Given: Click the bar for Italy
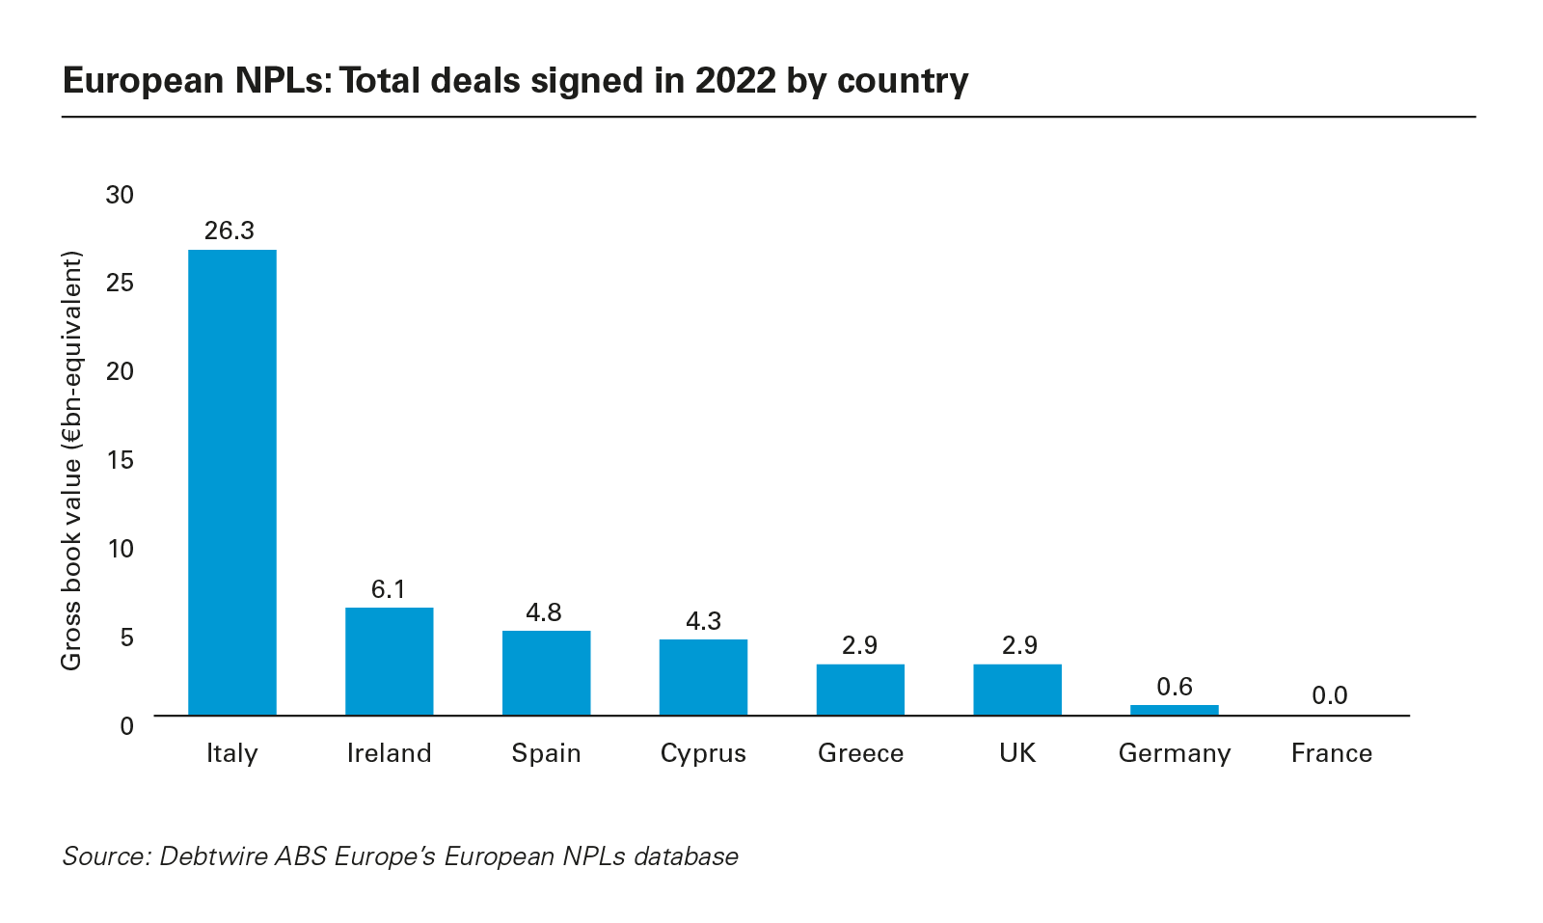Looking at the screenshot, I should click(x=231, y=482).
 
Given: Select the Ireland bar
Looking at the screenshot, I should click(x=389, y=662).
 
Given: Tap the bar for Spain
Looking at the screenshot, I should click(x=546, y=673).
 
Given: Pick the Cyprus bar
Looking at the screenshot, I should click(x=703, y=677).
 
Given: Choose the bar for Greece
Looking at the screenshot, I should click(x=860, y=690).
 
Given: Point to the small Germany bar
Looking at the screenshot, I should click(x=1174, y=710).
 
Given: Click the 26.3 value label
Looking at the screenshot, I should click(x=230, y=231).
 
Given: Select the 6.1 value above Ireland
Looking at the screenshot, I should click(x=389, y=589).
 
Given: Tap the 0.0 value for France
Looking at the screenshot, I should click(x=1330, y=695).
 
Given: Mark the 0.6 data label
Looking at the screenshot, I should click(x=1175, y=687).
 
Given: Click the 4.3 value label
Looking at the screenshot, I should click(x=703, y=621).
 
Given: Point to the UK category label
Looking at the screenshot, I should click(x=1017, y=753).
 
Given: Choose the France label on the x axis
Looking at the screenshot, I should click(x=1331, y=753).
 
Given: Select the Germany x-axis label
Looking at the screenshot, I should click(x=1174, y=753).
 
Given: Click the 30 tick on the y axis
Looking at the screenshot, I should click(x=121, y=195).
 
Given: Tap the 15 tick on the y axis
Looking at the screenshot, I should click(x=121, y=460).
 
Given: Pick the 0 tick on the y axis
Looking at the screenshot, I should click(x=127, y=725).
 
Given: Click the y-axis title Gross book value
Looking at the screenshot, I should click(x=72, y=461).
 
